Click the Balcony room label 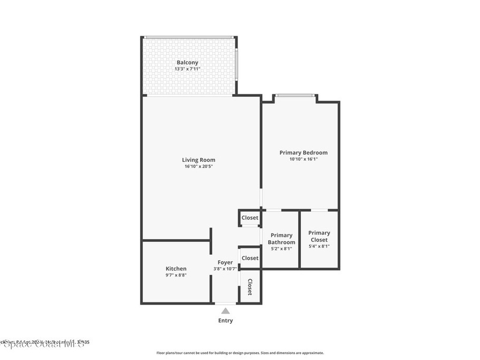[x=187, y=62]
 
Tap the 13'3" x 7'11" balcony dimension [x=187, y=69]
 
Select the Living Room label [x=199, y=160]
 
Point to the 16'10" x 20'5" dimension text [x=199, y=166]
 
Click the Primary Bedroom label [x=303, y=152]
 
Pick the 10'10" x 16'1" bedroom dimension [x=303, y=159]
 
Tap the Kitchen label [x=176, y=269]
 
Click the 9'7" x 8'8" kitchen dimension [x=176, y=275]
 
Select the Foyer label [x=225, y=262]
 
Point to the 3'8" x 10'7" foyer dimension [x=225, y=269]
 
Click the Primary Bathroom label [x=282, y=239]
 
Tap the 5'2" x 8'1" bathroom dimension [x=282, y=249]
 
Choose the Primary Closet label [x=319, y=236]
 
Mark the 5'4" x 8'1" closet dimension [x=319, y=246]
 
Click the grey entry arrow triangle [x=225, y=311]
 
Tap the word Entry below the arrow [x=225, y=321]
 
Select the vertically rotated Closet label [x=250, y=287]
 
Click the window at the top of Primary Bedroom [x=294, y=96]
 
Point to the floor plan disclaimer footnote [x=240, y=353]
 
